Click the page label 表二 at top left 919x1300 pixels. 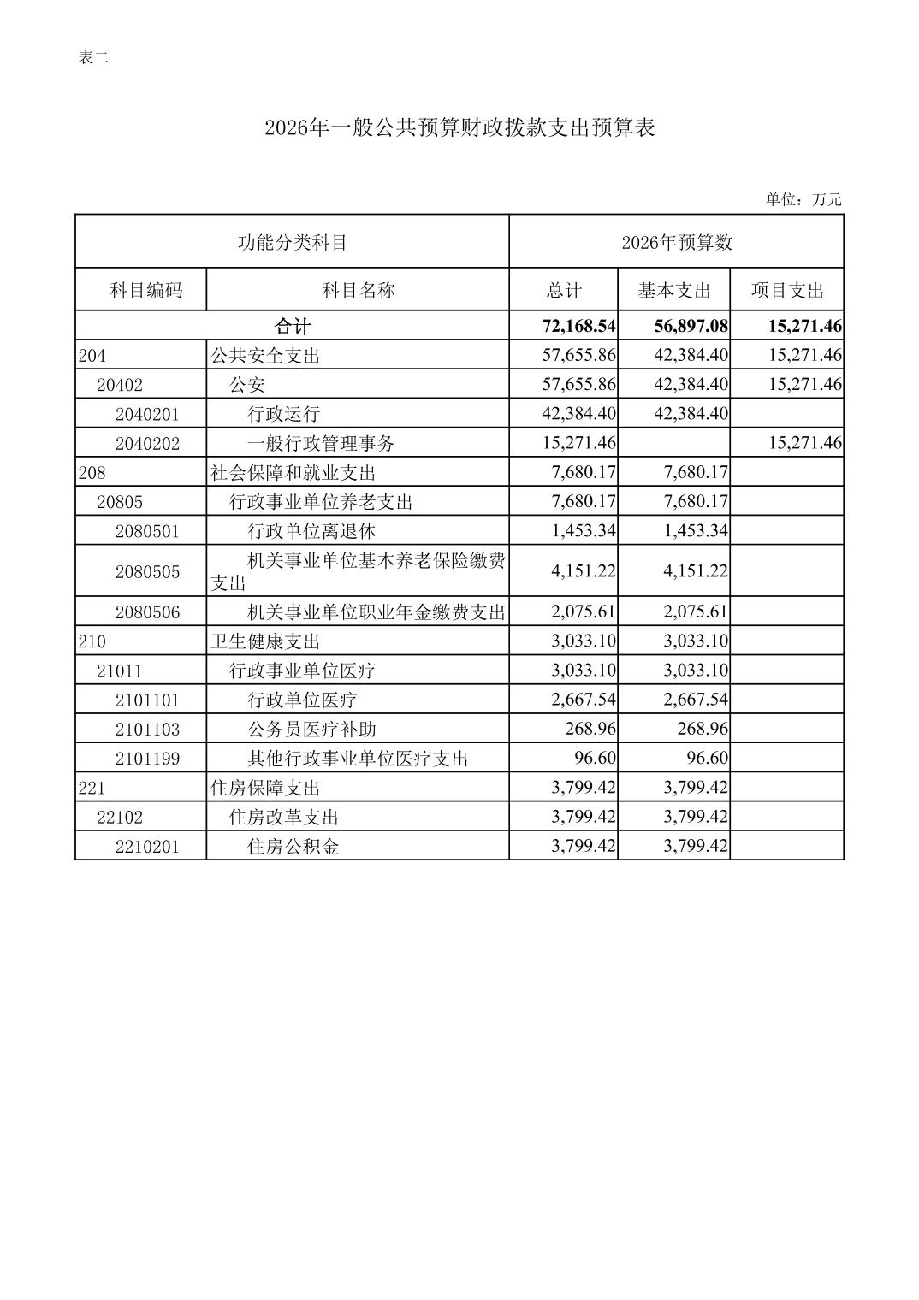pyautogui.click(x=93, y=58)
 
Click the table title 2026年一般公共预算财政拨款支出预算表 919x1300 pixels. pyautogui.click(x=459, y=128)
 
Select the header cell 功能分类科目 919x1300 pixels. pyautogui.click(x=292, y=243)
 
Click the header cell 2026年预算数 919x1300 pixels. pyautogui.click(x=676, y=243)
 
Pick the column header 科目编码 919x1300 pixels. pyautogui.click(x=145, y=290)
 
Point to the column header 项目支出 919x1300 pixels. pyautogui.click(x=786, y=290)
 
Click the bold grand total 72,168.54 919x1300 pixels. pyautogui.click(x=578, y=326)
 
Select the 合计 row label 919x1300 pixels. pyautogui.click(x=292, y=326)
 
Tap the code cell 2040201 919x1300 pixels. pyautogui.click(x=147, y=414)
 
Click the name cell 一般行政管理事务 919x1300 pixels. pyautogui.click(x=321, y=443)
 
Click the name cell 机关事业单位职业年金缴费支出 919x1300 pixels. pyautogui.click(x=376, y=612)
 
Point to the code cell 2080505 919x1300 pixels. pyautogui.click(x=147, y=571)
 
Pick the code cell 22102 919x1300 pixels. pyautogui.click(x=120, y=817)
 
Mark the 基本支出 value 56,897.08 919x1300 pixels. pyautogui.click(x=691, y=326)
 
